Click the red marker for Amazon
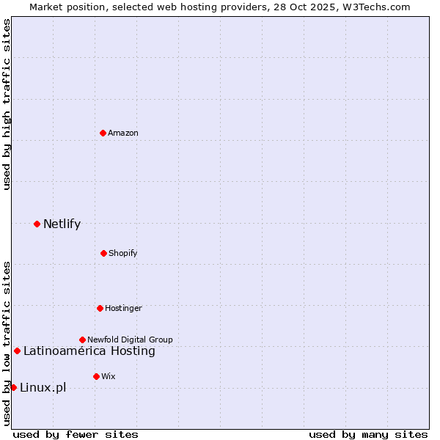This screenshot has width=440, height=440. click(x=103, y=133)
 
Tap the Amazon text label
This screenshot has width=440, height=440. click(x=123, y=133)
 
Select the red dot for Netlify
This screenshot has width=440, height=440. click(x=37, y=224)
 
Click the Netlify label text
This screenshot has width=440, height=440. click(x=62, y=224)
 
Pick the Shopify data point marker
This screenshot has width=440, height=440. click(x=103, y=253)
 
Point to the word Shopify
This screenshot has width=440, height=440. click(x=123, y=253)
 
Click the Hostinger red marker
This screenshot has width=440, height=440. click(x=100, y=308)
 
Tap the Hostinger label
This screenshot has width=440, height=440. click(x=123, y=308)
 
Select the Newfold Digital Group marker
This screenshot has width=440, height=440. click(x=82, y=340)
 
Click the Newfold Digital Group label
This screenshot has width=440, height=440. click(x=130, y=340)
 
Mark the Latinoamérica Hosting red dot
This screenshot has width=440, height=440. click(x=17, y=351)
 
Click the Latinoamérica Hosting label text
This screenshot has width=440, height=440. click(x=89, y=351)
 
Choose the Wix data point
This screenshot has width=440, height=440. click(x=96, y=376)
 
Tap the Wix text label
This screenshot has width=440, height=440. click(x=109, y=376)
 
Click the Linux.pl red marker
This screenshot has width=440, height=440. click(x=13, y=387)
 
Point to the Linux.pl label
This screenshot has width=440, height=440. click(x=43, y=387)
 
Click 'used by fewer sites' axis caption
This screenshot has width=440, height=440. click(x=76, y=434)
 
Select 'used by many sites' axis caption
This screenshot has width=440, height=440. click(x=368, y=434)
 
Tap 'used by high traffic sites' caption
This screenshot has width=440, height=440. click(x=7, y=104)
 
